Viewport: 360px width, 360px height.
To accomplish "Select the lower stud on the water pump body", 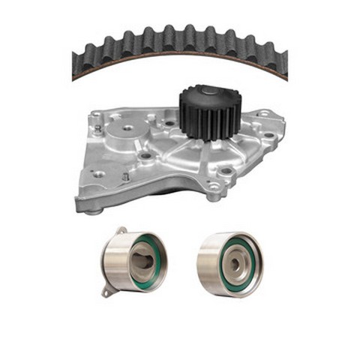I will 124,177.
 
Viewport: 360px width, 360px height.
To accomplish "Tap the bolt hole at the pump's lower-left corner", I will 97,174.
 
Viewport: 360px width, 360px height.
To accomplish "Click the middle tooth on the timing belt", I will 180,36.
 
